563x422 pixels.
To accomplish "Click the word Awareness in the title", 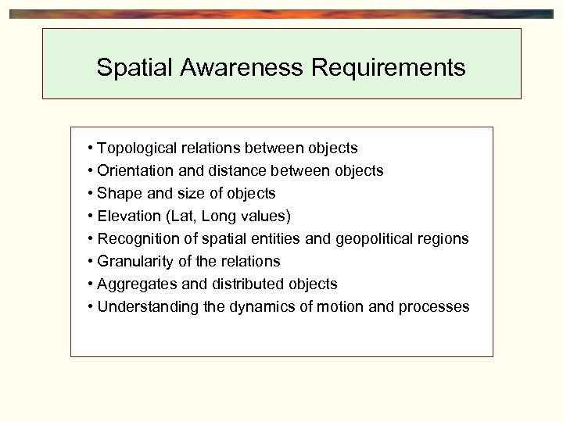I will click(242, 68).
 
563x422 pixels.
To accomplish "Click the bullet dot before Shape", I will click(91, 193).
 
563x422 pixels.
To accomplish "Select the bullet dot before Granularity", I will click(91, 261).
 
